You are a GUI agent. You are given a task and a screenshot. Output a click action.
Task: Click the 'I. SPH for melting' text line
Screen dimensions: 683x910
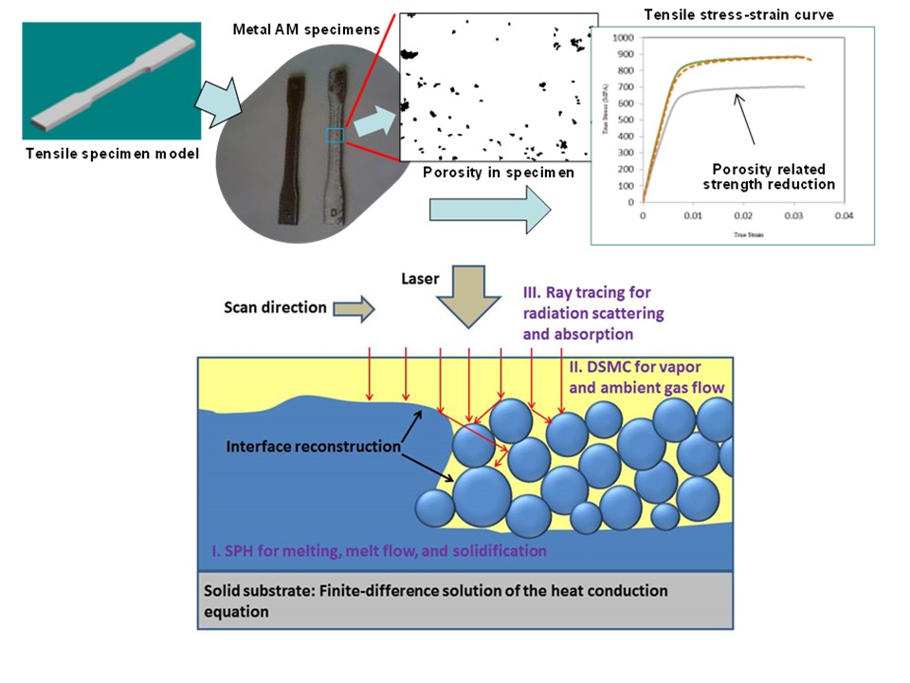379,549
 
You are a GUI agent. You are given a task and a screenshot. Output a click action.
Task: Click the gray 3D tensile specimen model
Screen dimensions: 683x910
111,75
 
